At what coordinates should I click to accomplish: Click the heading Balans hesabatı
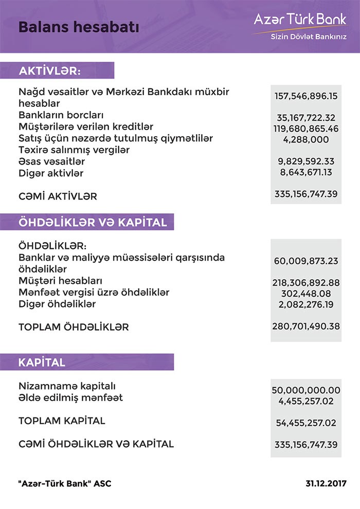[x=79, y=27]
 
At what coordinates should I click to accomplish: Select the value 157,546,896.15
[x=305, y=96]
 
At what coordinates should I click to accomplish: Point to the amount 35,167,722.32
[x=305, y=117]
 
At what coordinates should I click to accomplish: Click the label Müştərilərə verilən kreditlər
[x=86, y=127]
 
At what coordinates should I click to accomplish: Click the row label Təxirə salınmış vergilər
[x=74, y=150]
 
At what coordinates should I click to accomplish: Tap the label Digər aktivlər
[x=51, y=173]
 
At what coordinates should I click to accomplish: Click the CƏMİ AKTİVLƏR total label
[x=58, y=196]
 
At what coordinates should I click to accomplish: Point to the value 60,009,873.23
[x=305, y=261]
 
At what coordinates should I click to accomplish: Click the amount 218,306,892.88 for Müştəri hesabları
[x=305, y=282]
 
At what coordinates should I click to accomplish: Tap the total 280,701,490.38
[x=305, y=325]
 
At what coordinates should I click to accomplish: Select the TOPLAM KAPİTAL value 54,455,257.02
[x=305, y=423]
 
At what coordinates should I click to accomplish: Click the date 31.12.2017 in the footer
[x=326, y=484]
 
